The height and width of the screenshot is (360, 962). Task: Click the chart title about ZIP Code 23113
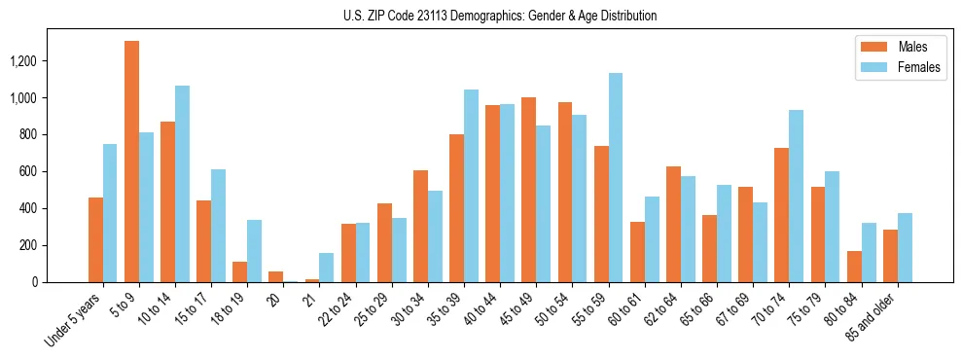[x=500, y=16]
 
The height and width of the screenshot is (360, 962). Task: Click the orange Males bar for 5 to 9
[x=131, y=162]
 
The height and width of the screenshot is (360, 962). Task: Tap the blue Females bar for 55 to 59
[x=616, y=177]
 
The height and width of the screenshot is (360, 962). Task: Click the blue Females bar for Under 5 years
[x=110, y=213]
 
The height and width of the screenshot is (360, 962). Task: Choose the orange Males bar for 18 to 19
[x=240, y=271]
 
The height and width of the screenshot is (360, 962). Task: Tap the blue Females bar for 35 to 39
[x=471, y=186]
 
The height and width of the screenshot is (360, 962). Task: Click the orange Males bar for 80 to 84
[x=854, y=267]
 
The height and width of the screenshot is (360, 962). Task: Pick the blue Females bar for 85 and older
[x=905, y=247]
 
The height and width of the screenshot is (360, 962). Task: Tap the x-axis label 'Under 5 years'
[x=73, y=320]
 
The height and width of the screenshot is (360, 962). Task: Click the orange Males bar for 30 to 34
[x=420, y=226]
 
